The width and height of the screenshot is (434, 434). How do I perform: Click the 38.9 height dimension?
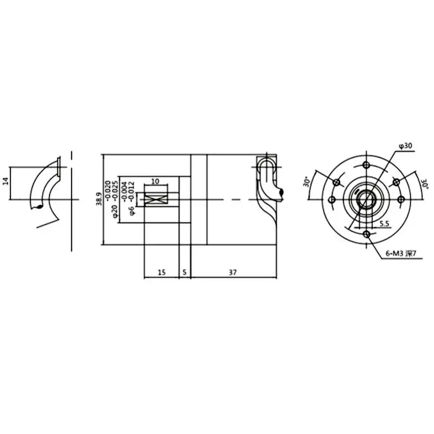pyautogui.click(x=99, y=199)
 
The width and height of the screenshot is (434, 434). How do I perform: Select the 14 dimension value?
pyautogui.click(x=6, y=181)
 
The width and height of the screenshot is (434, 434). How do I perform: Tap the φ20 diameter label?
pyautogui.click(x=115, y=212)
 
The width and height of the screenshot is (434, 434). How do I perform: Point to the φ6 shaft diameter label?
pyautogui.click(x=132, y=210)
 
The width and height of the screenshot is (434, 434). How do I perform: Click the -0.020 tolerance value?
pyautogui.click(x=108, y=190)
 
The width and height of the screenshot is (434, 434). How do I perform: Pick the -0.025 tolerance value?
pyautogui.click(x=115, y=190)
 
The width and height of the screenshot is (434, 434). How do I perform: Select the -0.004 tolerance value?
pyautogui.click(x=125, y=191)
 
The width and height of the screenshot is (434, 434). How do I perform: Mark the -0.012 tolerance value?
pyautogui.click(x=132, y=191)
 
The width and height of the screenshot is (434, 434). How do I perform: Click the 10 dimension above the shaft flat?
pyautogui.click(x=156, y=181)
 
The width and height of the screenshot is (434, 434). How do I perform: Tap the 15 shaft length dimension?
pyautogui.click(x=162, y=272)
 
